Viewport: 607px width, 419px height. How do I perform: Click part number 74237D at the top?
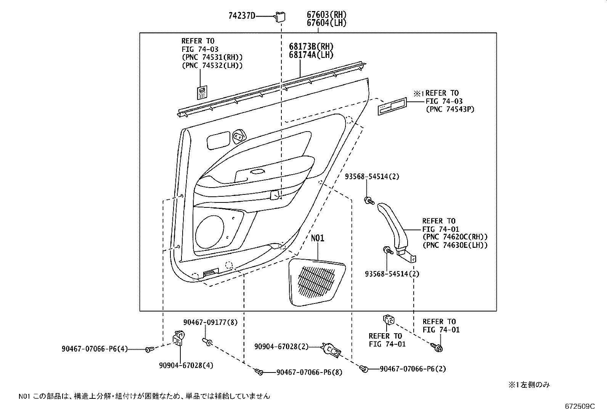242,16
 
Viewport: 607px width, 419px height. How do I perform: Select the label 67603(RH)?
326,15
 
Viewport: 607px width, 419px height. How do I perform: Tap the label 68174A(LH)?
311,55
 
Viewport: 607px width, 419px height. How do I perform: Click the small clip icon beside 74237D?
281,16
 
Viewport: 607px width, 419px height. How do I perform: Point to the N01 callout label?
317,238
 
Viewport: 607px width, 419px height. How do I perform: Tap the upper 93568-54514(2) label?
372,177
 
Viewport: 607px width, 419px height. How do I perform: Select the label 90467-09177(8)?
210,323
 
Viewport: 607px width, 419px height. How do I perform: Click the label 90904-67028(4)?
186,365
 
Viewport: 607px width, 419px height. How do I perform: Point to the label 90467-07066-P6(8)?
309,372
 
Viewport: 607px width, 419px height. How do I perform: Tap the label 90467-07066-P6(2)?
413,369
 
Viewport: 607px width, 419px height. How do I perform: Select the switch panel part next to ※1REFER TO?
392,106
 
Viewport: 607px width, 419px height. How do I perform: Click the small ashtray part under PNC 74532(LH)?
202,93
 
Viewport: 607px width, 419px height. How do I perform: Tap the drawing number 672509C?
580,406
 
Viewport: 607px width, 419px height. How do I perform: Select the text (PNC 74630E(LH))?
455,246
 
